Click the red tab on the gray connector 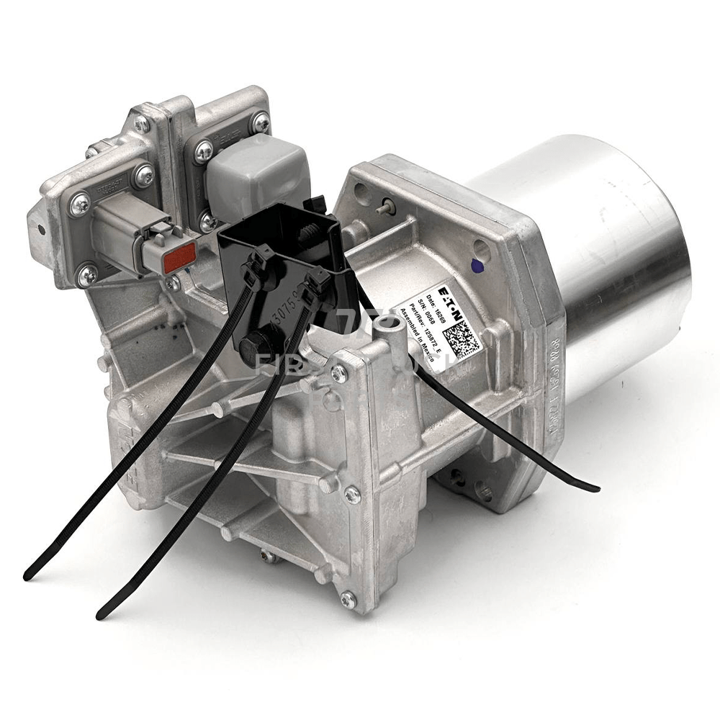pyautogui.click(x=180, y=258)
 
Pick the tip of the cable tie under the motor pyautogui.click(x=595, y=489)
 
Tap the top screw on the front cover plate pyautogui.click(x=338, y=372)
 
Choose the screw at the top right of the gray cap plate pyautogui.click(x=261, y=122)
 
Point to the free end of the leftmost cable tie pyautogui.click(x=29, y=576)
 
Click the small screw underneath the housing pyautogui.click(x=269, y=556)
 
